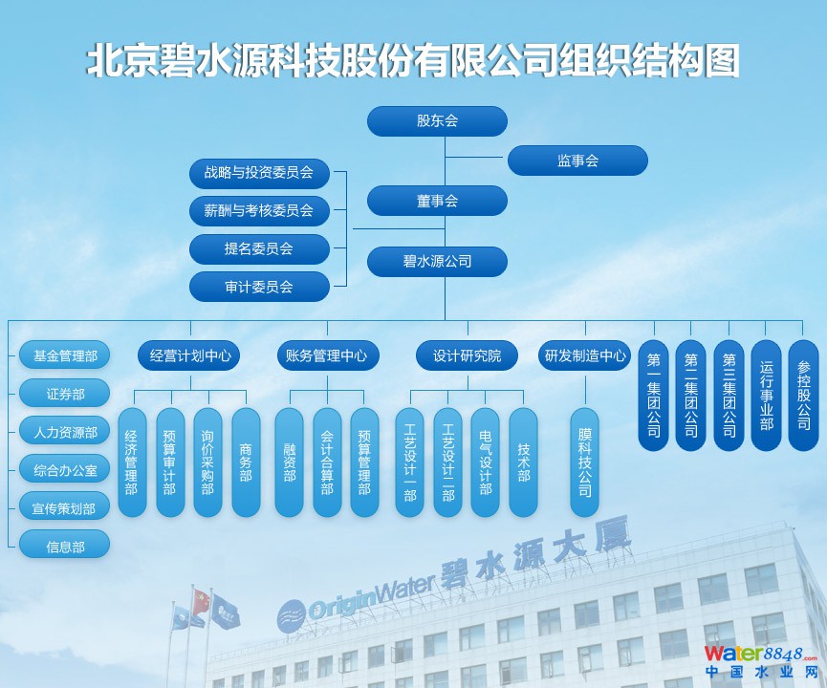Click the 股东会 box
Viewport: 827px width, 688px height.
click(x=437, y=121)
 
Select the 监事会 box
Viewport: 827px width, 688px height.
click(x=577, y=161)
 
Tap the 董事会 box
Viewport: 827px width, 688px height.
click(x=437, y=201)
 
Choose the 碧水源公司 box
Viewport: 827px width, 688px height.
click(x=437, y=262)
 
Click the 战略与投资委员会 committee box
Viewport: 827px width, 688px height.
click(x=259, y=173)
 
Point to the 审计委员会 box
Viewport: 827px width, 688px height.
click(x=259, y=287)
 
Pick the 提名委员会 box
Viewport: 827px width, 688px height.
click(x=259, y=248)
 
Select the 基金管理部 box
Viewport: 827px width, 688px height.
click(x=65, y=355)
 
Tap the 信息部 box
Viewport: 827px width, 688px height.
click(x=65, y=547)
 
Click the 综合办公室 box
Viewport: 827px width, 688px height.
click(x=65, y=470)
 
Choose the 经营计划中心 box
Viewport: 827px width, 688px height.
click(x=189, y=355)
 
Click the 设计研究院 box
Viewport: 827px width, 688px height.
click(x=468, y=355)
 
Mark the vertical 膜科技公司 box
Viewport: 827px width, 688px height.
click(x=585, y=462)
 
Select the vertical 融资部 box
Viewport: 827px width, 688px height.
click(x=290, y=462)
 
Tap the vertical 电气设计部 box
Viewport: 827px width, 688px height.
click(x=486, y=462)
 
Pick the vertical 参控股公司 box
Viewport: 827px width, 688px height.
click(x=803, y=396)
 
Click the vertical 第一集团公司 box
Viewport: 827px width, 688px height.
click(x=654, y=396)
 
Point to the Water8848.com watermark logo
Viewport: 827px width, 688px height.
click(x=760, y=661)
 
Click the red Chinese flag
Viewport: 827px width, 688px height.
click(x=201, y=602)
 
